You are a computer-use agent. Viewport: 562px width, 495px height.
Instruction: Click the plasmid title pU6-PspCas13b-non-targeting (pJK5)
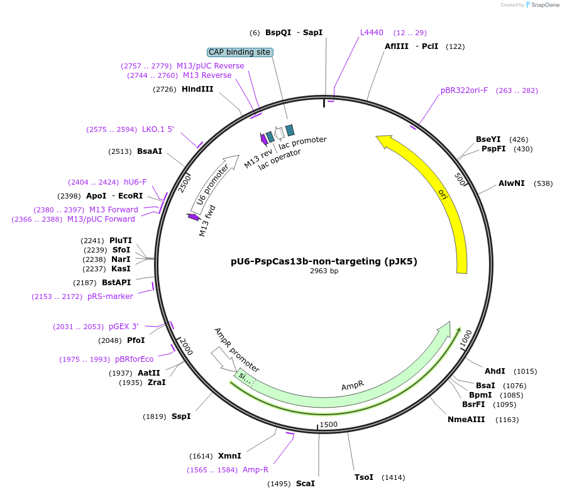(324, 261)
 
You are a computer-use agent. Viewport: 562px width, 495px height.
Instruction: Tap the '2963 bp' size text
(324, 271)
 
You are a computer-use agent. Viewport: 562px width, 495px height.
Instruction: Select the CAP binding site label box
(240, 52)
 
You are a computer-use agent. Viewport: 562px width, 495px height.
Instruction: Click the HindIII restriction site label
(197, 89)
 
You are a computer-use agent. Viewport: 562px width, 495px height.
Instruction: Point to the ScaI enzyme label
(305, 483)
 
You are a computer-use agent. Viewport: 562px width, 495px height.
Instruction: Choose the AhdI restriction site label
(495, 371)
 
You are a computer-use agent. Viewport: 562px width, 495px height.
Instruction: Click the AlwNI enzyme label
(512, 183)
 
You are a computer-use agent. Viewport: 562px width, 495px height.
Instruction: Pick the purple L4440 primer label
(372, 33)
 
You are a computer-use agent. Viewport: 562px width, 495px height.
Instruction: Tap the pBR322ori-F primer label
(464, 90)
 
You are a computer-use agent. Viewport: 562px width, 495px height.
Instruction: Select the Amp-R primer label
(255, 469)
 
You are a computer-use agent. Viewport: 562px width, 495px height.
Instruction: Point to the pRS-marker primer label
(110, 296)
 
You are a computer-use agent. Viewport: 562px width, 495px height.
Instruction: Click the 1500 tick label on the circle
(329, 425)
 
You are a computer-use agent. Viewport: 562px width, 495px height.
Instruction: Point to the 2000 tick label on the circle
(186, 346)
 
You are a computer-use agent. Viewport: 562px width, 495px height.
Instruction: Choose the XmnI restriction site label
(229, 456)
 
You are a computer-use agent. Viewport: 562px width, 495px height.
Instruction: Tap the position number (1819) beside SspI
(154, 416)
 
